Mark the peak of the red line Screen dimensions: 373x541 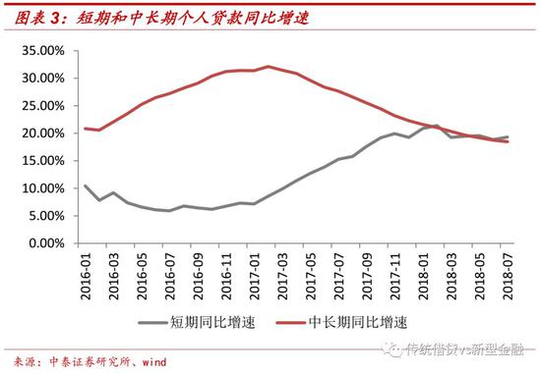coord(268,67)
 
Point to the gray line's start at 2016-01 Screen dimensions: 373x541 coord(87,186)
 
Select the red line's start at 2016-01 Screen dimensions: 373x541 coord(87,129)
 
